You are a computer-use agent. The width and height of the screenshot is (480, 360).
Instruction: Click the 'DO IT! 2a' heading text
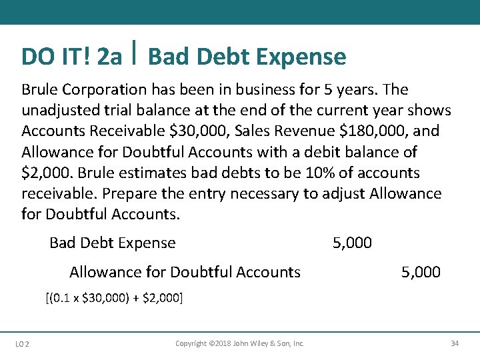coord(71,57)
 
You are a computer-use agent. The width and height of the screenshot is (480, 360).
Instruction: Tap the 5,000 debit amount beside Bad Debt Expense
coord(352,243)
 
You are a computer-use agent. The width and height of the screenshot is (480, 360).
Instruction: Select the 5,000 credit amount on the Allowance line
coord(421,272)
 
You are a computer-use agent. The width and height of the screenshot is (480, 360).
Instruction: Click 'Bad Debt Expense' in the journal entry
coord(112,243)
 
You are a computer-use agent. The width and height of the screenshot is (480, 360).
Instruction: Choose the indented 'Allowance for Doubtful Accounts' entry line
coord(185,272)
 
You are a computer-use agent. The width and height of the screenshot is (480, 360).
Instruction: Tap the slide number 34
coord(455,343)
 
